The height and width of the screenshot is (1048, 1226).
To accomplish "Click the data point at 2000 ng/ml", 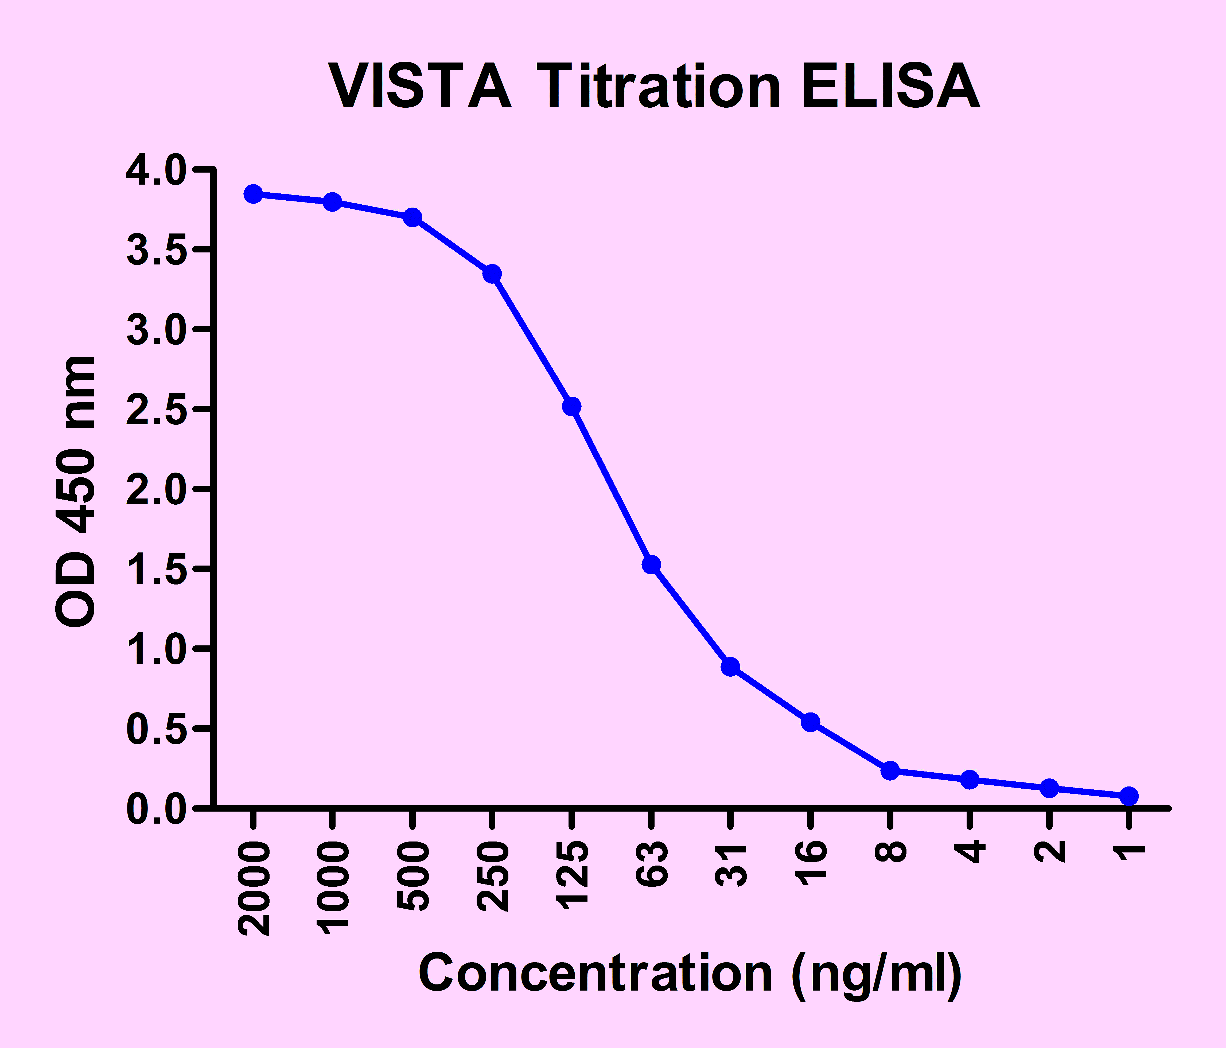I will [x=253, y=194].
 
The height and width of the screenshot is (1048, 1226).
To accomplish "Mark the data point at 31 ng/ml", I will [x=731, y=667].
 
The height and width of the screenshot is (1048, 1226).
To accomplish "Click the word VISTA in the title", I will [x=420, y=88].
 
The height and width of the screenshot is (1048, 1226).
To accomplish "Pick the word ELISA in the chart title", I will [x=890, y=88].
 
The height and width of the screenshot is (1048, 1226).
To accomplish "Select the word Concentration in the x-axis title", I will [x=595, y=973].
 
